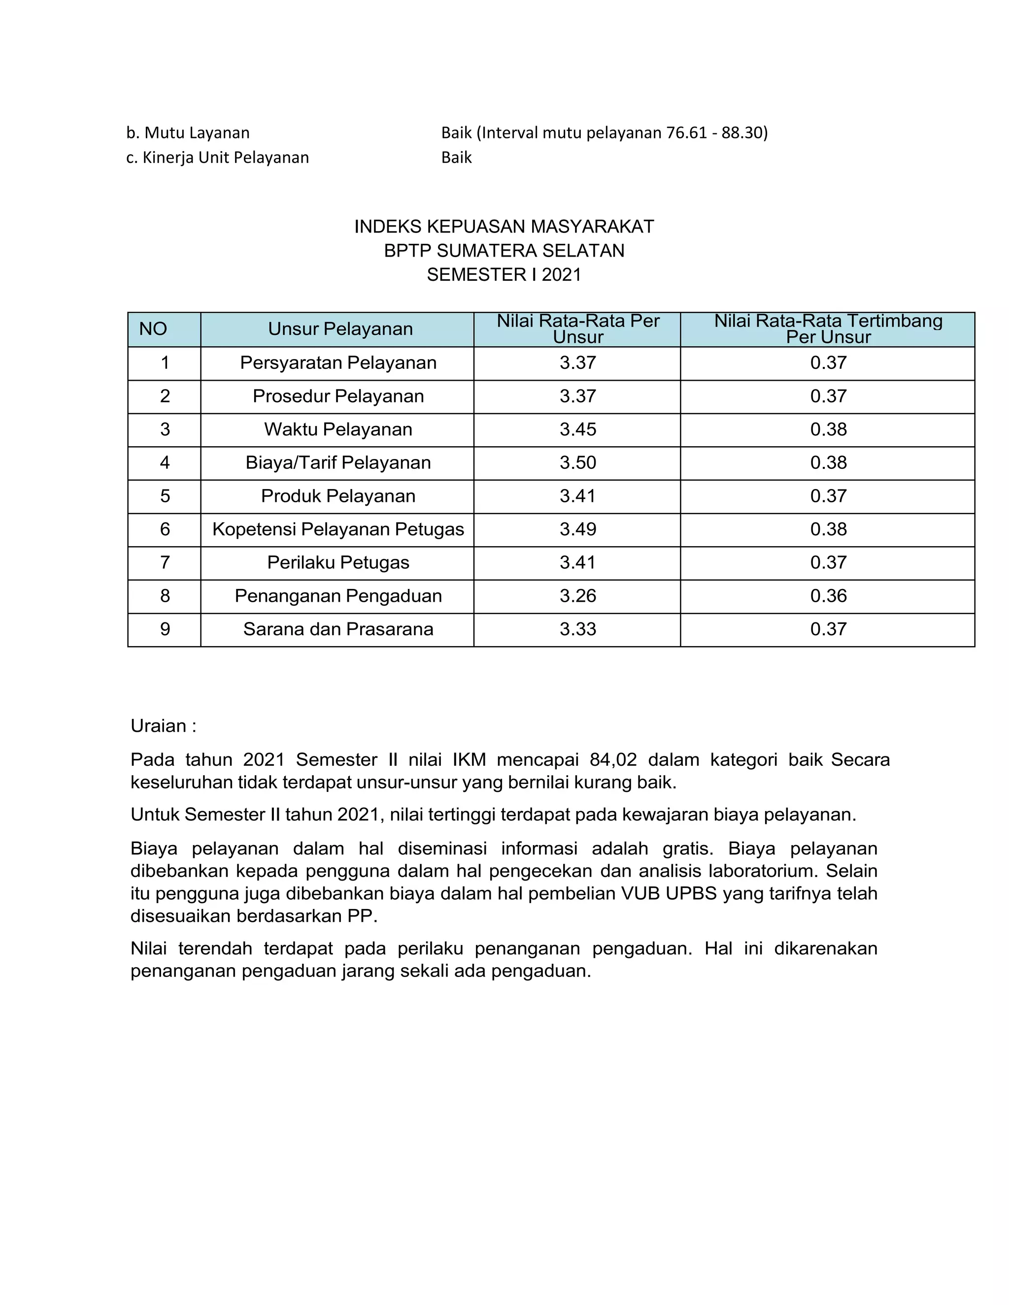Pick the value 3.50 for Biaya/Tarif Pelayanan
pyautogui.click(x=577, y=463)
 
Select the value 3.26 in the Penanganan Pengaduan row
pyautogui.click(x=577, y=596)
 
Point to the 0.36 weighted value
pyautogui.click(x=828, y=596)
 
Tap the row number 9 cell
pyautogui.click(x=165, y=629)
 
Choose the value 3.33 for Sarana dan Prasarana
pyautogui.click(x=577, y=629)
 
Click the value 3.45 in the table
pyautogui.click(x=577, y=429)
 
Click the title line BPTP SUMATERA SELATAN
pyautogui.click(x=504, y=251)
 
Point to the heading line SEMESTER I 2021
pyautogui.click(x=504, y=275)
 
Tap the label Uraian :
pyautogui.click(x=163, y=726)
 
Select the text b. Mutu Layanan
pyautogui.click(x=188, y=132)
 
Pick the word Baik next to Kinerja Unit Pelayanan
pyautogui.click(x=456, y=158)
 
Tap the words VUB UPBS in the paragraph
pyautogui.click(x=668, y=894)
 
